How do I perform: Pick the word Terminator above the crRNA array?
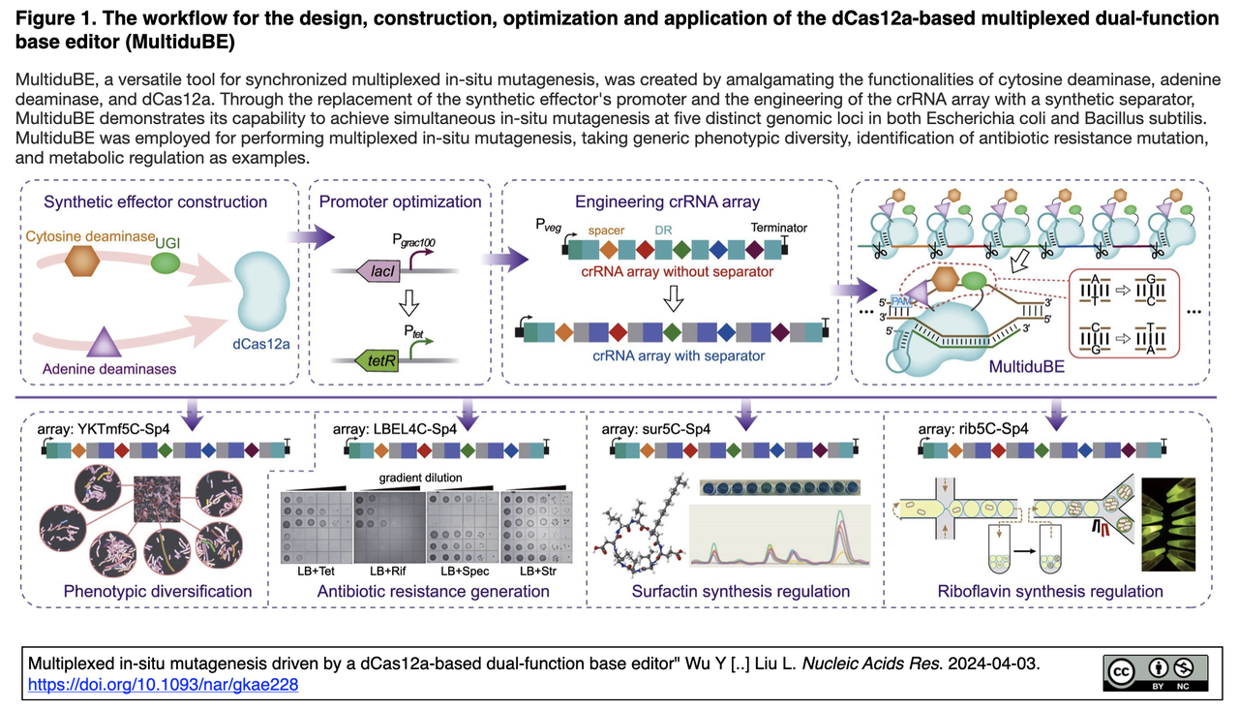pos(778,229)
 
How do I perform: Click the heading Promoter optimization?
pos(401,201)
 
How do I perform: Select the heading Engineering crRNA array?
pos(667,201)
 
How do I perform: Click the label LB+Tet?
pos(316,571)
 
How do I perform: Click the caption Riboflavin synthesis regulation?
pos(1050,591)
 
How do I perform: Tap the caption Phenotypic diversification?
pos(158,591)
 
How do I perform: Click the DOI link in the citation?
pos(163,685)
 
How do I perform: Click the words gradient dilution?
pos(420,478)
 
